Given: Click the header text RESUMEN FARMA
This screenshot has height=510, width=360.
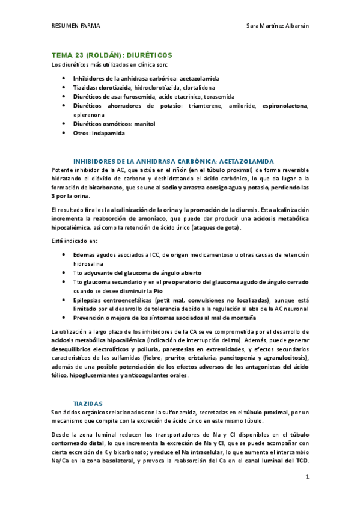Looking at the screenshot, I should pos(75,26).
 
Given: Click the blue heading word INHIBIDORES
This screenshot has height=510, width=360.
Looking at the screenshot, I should pos(93,161).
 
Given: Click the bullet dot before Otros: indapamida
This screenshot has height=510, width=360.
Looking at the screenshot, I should pos(64,133).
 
